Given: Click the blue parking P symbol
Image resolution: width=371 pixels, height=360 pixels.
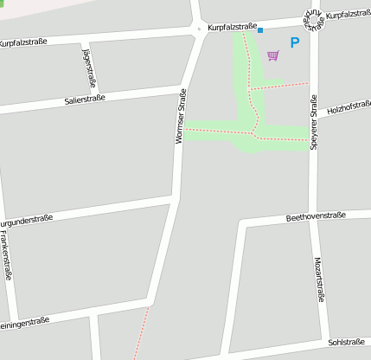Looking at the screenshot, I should click(295, 42).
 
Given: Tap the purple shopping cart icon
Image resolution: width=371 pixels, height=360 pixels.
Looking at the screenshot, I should click(273, 55).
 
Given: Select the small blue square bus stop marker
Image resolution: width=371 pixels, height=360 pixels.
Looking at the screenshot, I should click(260, 30).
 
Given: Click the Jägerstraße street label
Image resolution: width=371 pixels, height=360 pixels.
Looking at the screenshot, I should click(88, 67).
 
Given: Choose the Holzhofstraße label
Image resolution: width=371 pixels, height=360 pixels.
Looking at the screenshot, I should click(349, 107).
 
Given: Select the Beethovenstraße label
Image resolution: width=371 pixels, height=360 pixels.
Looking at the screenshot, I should click(316, 215).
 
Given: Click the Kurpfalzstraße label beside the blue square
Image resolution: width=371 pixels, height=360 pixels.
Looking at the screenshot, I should click(232, 28).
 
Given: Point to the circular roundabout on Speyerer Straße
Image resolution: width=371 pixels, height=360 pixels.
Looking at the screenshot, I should click(312, 18).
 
